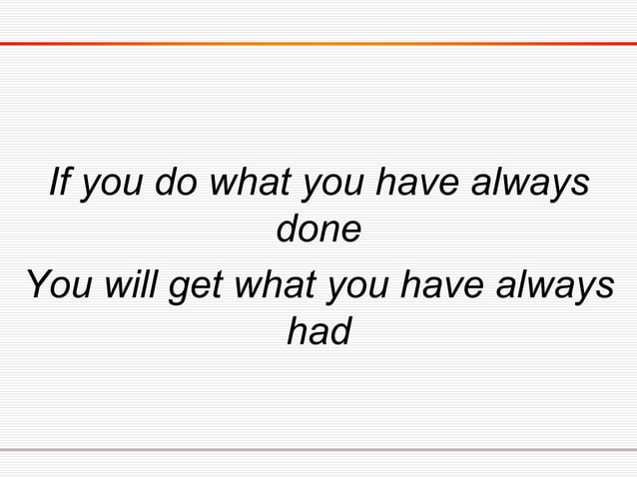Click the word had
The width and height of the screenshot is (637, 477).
click(318, 331)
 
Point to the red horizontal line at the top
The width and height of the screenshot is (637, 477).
click(318, 44)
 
